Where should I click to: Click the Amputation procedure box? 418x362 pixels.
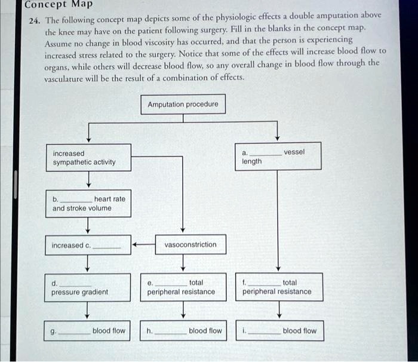point(183,105)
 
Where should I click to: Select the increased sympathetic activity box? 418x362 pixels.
point(88,158)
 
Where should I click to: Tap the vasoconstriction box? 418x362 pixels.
point(190,245)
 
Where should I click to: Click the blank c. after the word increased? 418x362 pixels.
point(108,246)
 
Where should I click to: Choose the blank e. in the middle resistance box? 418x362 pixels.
point(171,283)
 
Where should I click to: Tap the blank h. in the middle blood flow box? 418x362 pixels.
point(170,332)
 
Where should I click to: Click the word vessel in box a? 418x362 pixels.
point(294,152)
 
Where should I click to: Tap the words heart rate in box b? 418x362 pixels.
point(110,198)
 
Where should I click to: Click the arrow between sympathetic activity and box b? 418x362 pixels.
point(88,179)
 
